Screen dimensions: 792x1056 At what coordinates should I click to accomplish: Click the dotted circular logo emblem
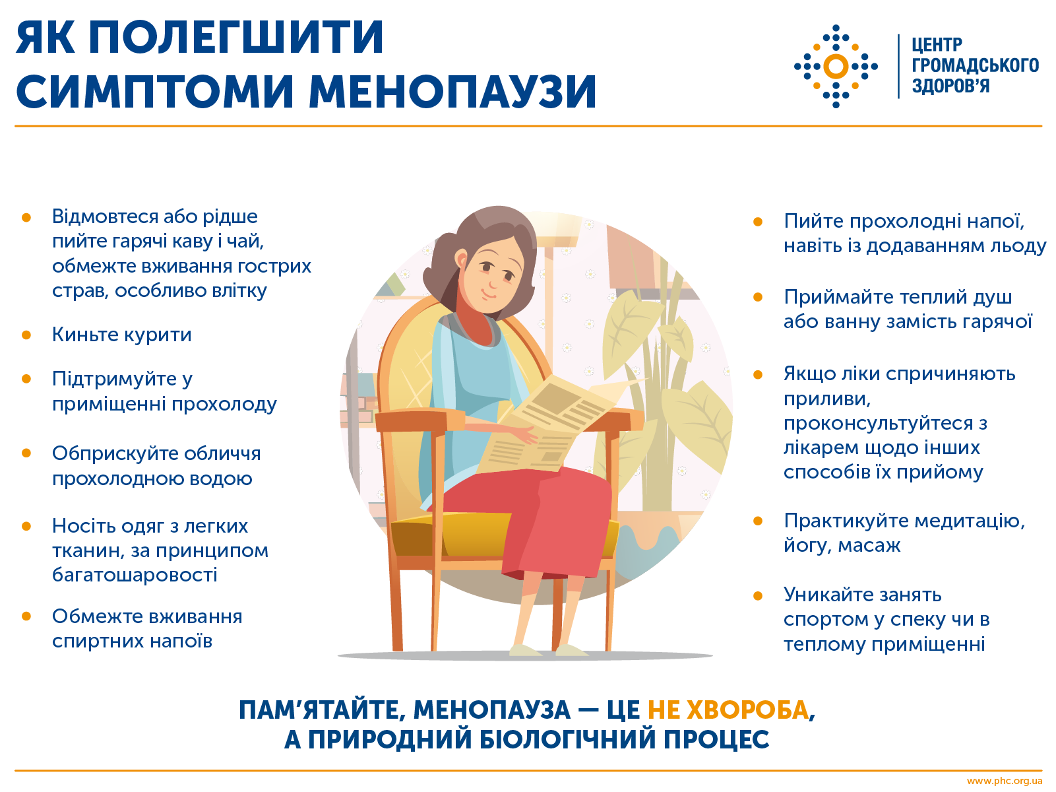836,67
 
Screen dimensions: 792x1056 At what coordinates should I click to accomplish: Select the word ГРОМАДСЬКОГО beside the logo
975,65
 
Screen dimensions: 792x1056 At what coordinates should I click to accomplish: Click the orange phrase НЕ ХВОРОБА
728,710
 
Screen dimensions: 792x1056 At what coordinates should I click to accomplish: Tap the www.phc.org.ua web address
1005,781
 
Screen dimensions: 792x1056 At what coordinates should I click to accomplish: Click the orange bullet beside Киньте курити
26,335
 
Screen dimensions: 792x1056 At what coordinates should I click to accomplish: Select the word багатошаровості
135,575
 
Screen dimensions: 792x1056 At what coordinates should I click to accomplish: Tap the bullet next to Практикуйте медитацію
758,521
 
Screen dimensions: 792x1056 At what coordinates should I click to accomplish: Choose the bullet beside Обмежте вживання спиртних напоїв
26,616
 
